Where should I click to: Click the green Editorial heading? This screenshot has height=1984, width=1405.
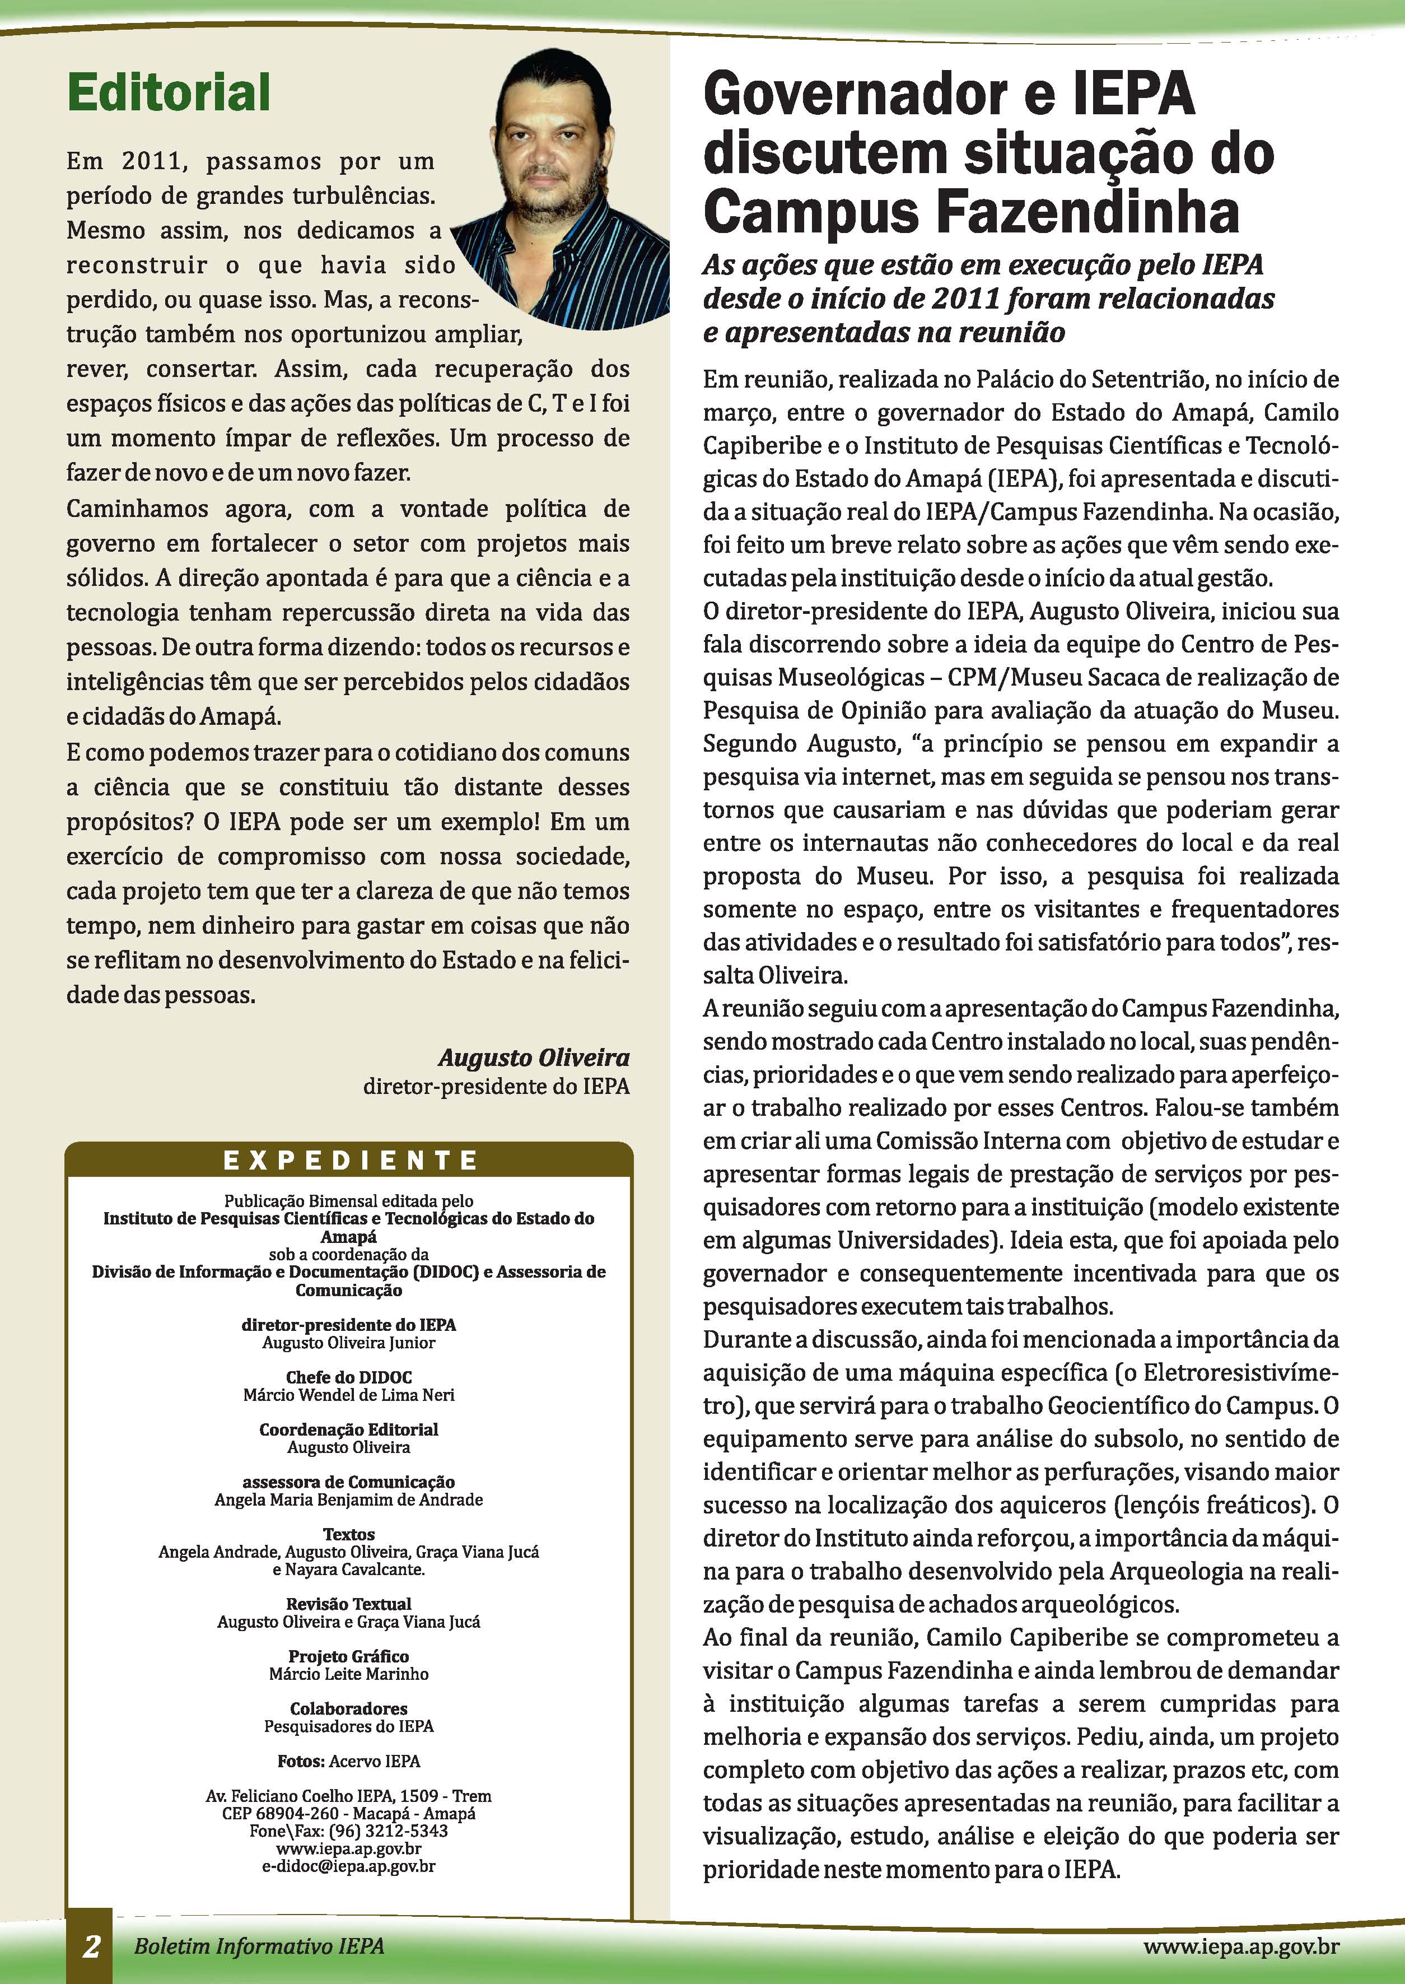[x=169, y=92]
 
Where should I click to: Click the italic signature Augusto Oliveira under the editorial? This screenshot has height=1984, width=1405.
[x=534, y=1058]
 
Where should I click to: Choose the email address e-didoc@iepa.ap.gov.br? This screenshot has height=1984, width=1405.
[x=349, y=1866]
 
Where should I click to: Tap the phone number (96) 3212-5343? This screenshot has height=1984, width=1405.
[x=389, y=1831]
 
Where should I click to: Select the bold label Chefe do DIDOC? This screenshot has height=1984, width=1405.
[x=349, y=1377]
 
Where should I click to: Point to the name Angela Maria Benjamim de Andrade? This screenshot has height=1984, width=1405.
[x=349, y=1499]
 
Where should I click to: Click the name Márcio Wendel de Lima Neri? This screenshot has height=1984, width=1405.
[x=349, y=1395]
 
